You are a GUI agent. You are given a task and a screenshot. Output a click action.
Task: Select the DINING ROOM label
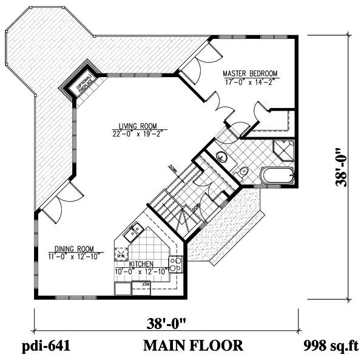[x=73, y=248]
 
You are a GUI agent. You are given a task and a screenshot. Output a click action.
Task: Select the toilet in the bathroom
[x=243, y=172]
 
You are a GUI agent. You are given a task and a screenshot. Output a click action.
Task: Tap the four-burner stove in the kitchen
[x=176, y=264]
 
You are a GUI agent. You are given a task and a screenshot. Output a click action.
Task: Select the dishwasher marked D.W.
[x=121, y=254]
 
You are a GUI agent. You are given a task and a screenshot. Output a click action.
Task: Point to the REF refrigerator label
[x=146, y=284]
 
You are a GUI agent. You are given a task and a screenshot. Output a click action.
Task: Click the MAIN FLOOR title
[x=193, y=346]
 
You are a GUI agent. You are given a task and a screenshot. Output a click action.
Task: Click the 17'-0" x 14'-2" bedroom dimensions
[x=249, y=80]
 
